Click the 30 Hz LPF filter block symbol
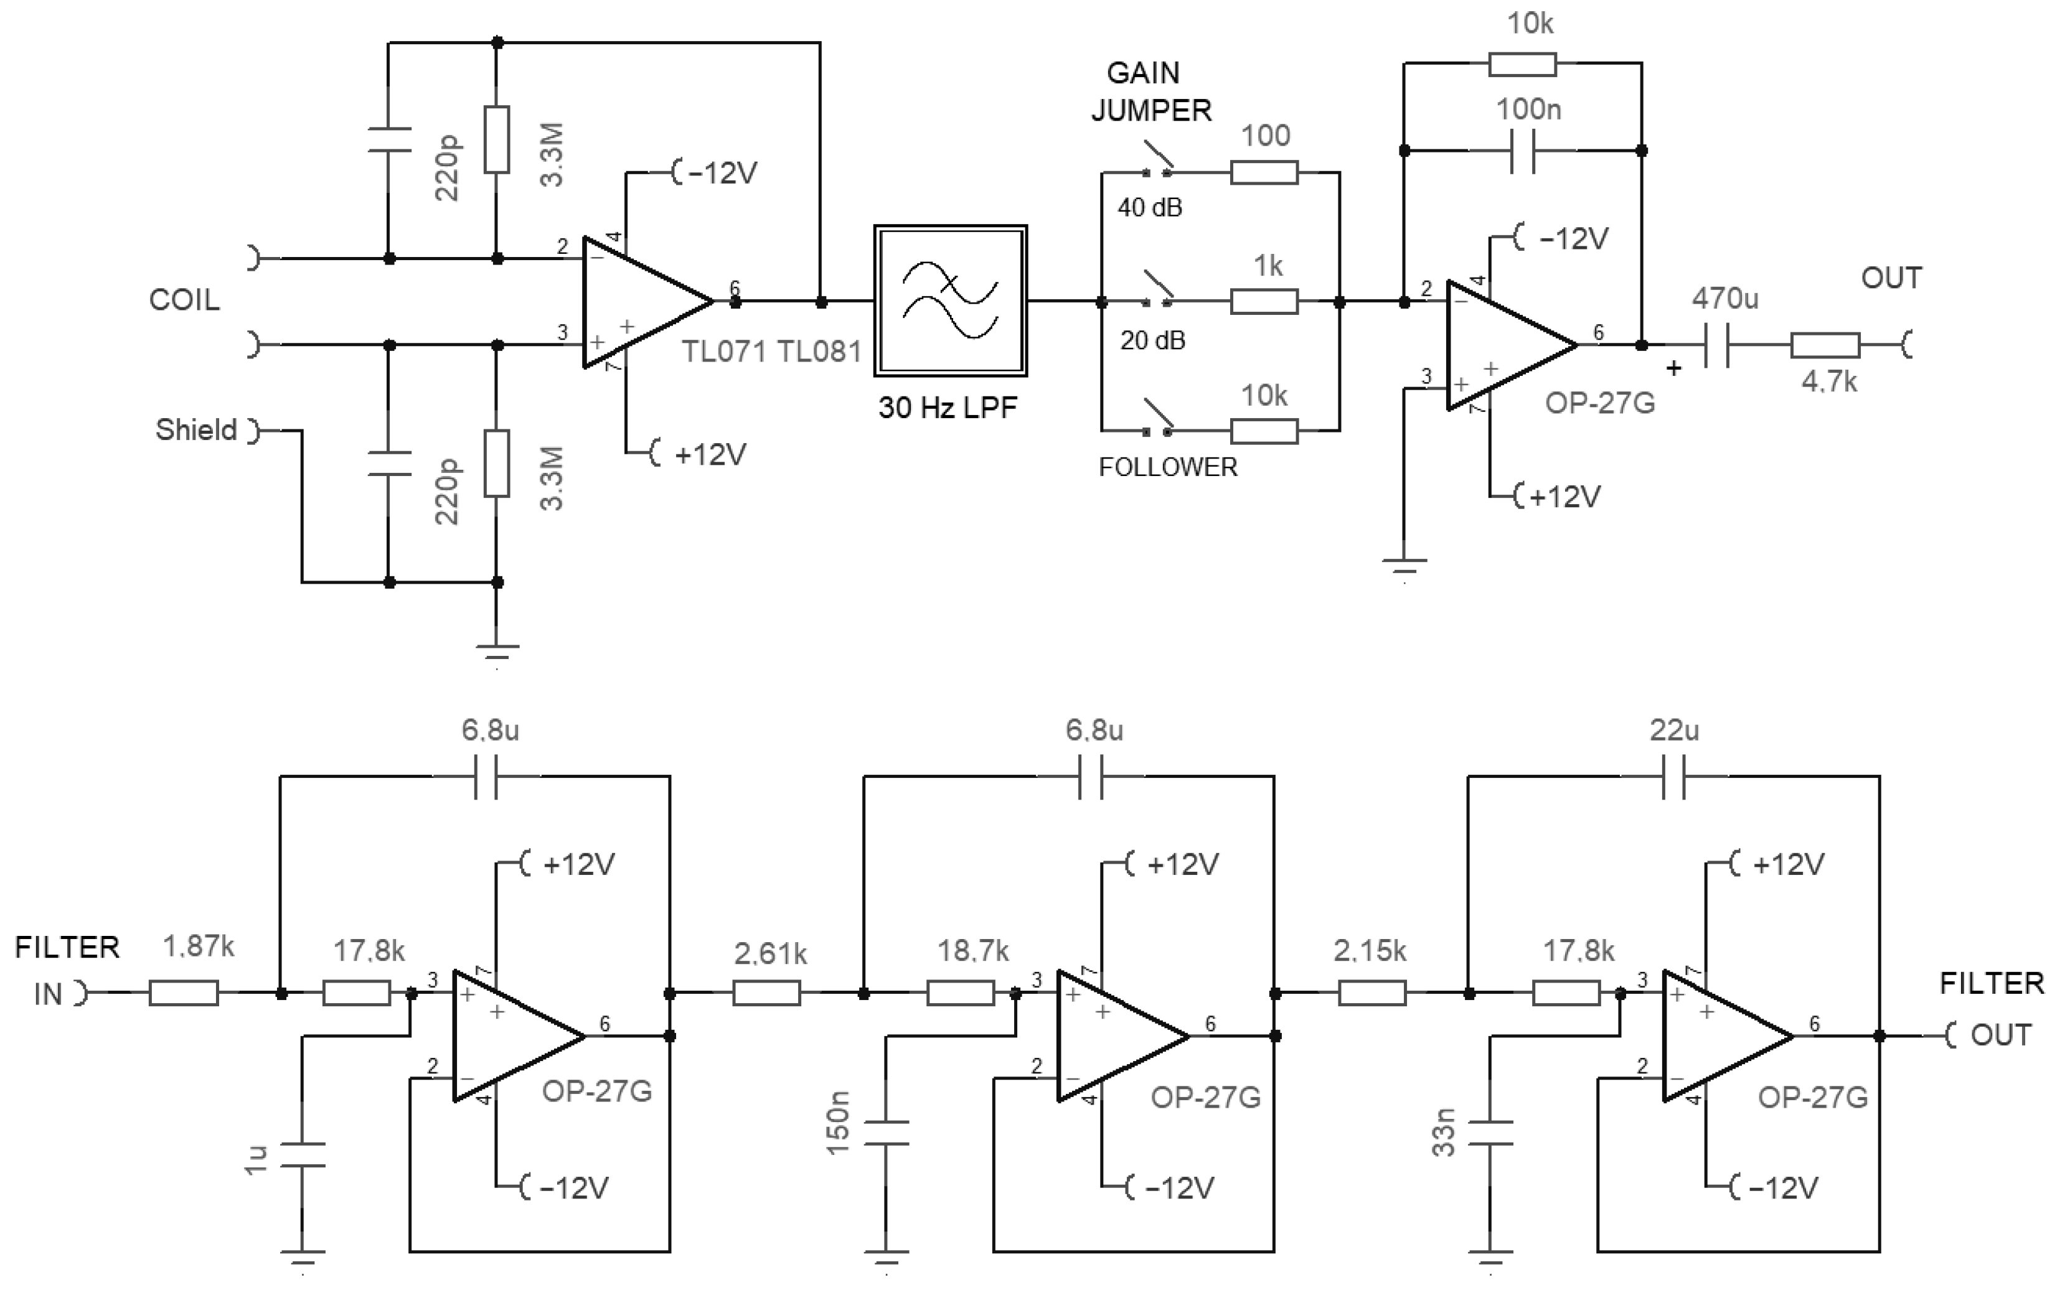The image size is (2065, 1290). (950, 301)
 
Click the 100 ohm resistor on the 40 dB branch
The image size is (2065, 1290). (1264, 172)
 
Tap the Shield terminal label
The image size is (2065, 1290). (196, 429)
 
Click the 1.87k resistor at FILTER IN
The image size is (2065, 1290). (184, 993)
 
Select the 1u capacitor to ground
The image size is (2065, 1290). (303, 1154)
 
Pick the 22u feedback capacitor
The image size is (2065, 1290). (1674, 777)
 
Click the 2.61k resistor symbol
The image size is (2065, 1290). (766, 993)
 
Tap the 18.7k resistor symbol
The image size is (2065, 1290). (961, 993)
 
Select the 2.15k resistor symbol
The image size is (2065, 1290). (1372, 993)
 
